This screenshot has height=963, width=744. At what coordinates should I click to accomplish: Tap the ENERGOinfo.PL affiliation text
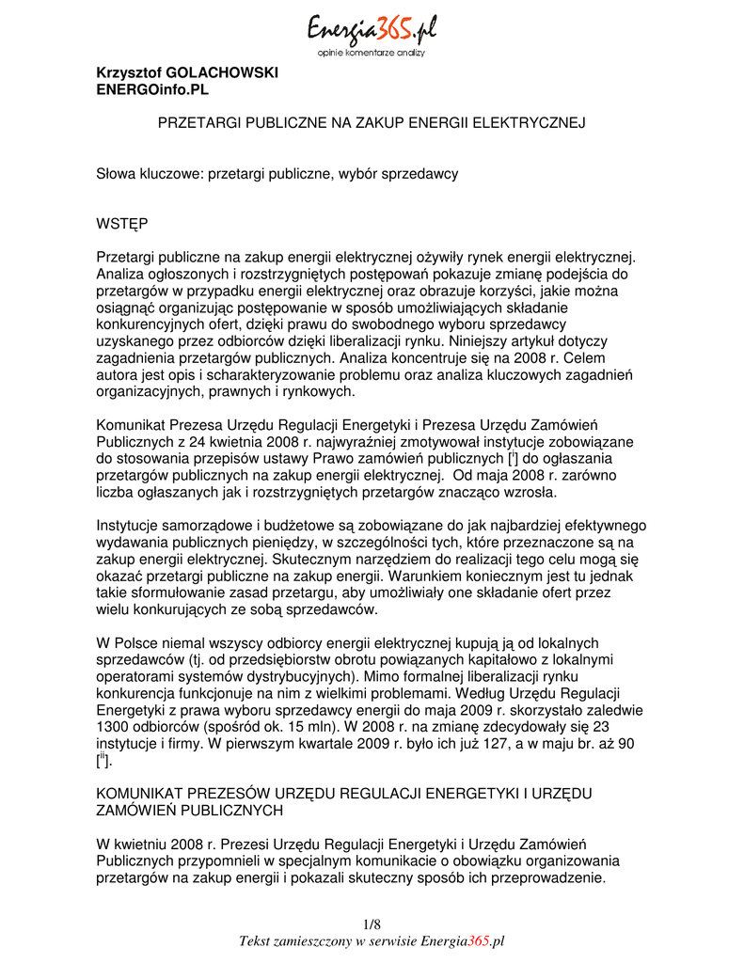point(153,90)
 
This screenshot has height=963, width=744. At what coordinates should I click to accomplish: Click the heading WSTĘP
point(122,225)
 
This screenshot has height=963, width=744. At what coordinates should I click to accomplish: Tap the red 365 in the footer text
point(479,940)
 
